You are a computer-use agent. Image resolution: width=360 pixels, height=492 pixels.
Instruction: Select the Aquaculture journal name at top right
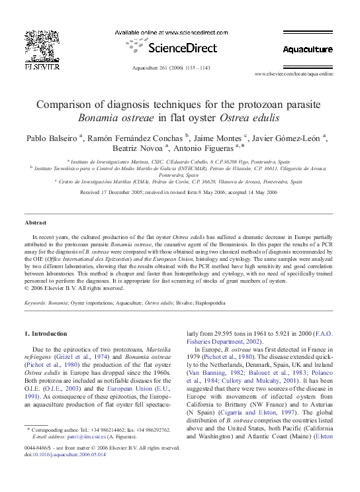[x=307, y=50]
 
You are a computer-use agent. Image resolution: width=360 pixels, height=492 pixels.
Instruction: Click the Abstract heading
[x=35, y=222]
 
